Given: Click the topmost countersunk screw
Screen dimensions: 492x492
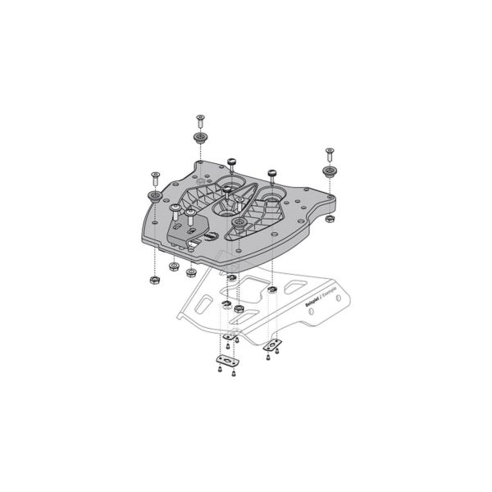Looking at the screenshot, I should pyautogui.click(x=199, y=120).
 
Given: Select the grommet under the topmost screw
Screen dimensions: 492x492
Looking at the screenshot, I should pyautogui.click(x=199, y=136).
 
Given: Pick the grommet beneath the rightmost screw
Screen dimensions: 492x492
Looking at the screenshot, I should pyautogui.click(x=330, y=171).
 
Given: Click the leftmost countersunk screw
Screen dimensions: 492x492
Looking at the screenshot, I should pyautogui.click(x=154, y=175).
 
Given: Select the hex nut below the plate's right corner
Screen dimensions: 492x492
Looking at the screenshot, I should pyautogui.click(x=328, y=220).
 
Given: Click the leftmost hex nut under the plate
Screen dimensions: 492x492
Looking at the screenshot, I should pyautogui.click(x=153, y=280).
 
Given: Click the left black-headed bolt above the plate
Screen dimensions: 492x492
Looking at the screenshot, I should pyautogui.click(x=231, y=162).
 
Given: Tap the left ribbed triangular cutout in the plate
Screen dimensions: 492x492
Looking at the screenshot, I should pyautogui.click(x=196, y=207).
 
